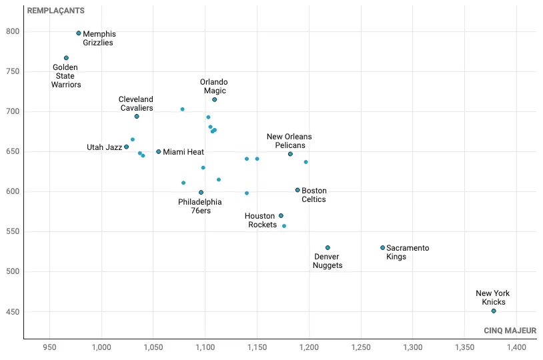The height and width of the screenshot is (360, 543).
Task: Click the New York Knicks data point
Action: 494,311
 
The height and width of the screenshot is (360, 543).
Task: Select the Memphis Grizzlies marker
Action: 79,33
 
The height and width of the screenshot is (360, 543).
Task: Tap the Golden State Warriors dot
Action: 66,58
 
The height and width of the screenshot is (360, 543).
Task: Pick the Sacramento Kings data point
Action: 383,247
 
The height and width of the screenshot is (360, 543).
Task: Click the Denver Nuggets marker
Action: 328,247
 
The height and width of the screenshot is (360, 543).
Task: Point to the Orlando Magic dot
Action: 215,99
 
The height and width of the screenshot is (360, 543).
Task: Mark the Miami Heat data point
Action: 159,151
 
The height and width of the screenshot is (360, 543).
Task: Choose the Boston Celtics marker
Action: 298,190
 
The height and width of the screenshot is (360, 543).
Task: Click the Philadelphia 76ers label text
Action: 200,206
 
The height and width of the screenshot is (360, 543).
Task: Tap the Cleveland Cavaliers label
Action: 136,103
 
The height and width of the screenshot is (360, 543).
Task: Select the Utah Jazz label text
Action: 104,147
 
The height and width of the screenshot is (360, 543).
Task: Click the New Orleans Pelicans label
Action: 289,141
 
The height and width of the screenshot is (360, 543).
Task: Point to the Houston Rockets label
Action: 261,220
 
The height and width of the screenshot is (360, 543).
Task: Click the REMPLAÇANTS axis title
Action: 55,11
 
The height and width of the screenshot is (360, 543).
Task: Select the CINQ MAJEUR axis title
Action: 510,331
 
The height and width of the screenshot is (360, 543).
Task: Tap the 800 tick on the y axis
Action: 13,31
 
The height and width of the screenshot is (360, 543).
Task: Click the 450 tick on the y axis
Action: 13,311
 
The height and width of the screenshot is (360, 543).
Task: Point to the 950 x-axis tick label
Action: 49,347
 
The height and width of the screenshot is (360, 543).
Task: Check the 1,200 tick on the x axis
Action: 309,347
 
